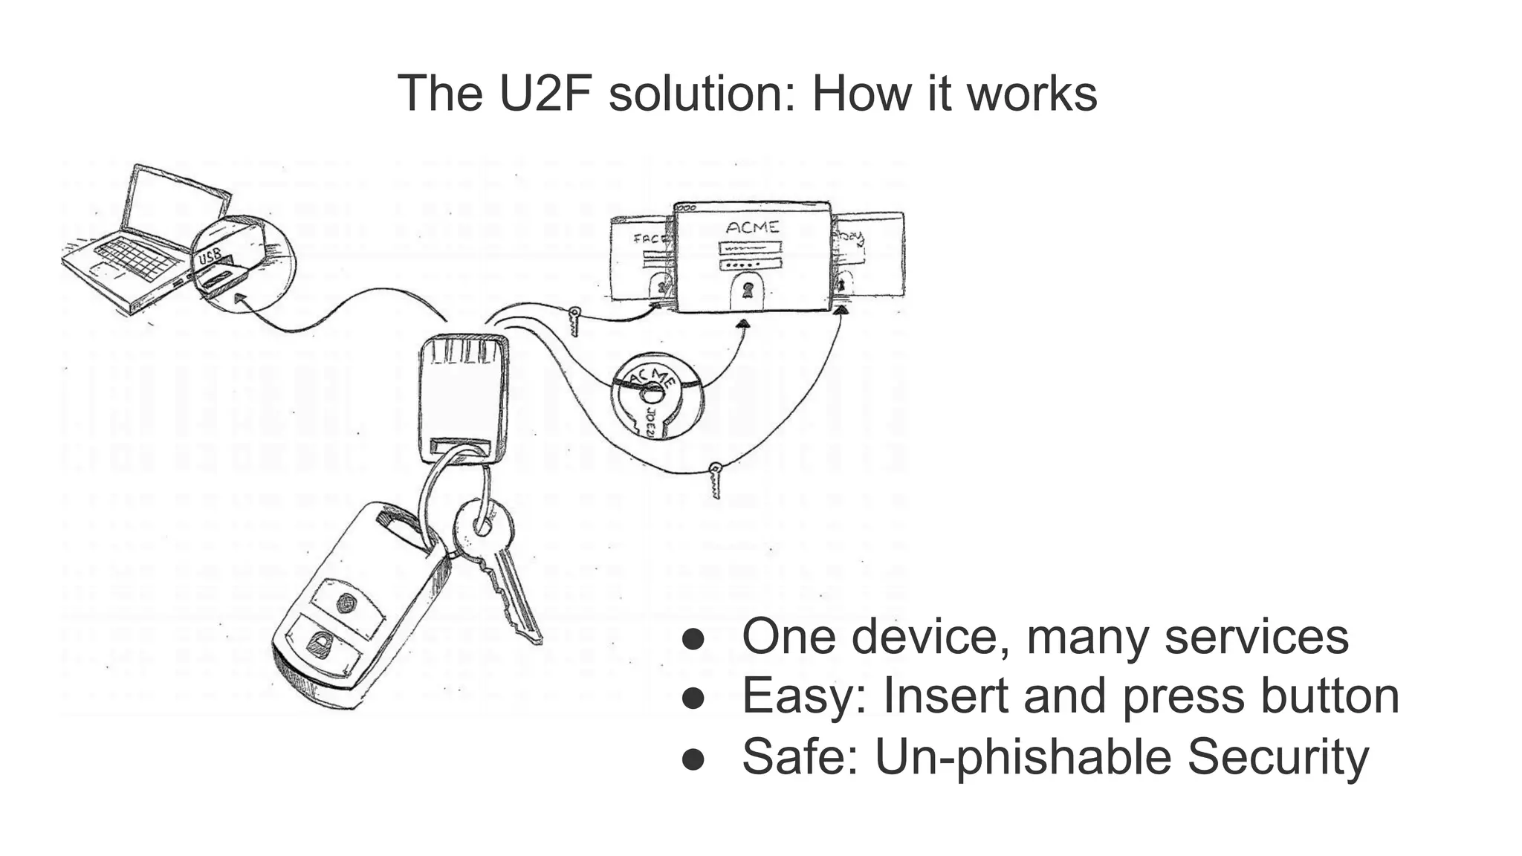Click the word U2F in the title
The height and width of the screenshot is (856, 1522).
point(547,94)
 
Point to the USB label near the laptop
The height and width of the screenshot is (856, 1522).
point(210,256)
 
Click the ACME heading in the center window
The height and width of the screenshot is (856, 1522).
point(752,227)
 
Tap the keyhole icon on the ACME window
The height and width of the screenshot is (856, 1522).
point(747,290)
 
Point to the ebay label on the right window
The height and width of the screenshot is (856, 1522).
point(852,239)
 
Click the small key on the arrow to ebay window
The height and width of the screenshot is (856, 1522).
point(715,479)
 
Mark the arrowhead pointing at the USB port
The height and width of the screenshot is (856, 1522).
point(239,298)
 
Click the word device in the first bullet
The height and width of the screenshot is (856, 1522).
point(929,637)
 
